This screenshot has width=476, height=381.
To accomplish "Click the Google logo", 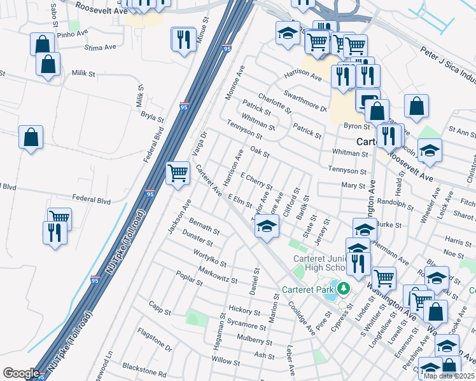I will tap(20, 373).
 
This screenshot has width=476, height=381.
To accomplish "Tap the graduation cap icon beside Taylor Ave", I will tap(267, 225).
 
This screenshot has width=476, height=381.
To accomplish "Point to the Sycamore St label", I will tap(248, 326).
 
